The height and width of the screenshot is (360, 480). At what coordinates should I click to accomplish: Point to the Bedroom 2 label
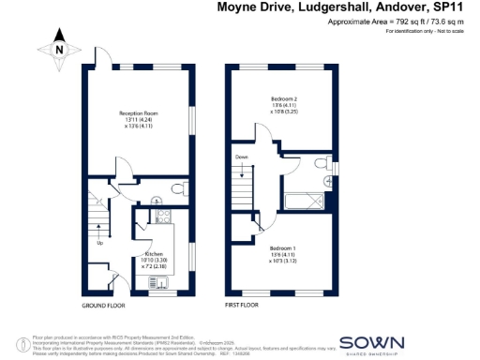pyautogui.click(x=282, y=101)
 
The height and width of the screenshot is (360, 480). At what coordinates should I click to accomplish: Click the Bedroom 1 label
pyautogui.click(x=283, y=249)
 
